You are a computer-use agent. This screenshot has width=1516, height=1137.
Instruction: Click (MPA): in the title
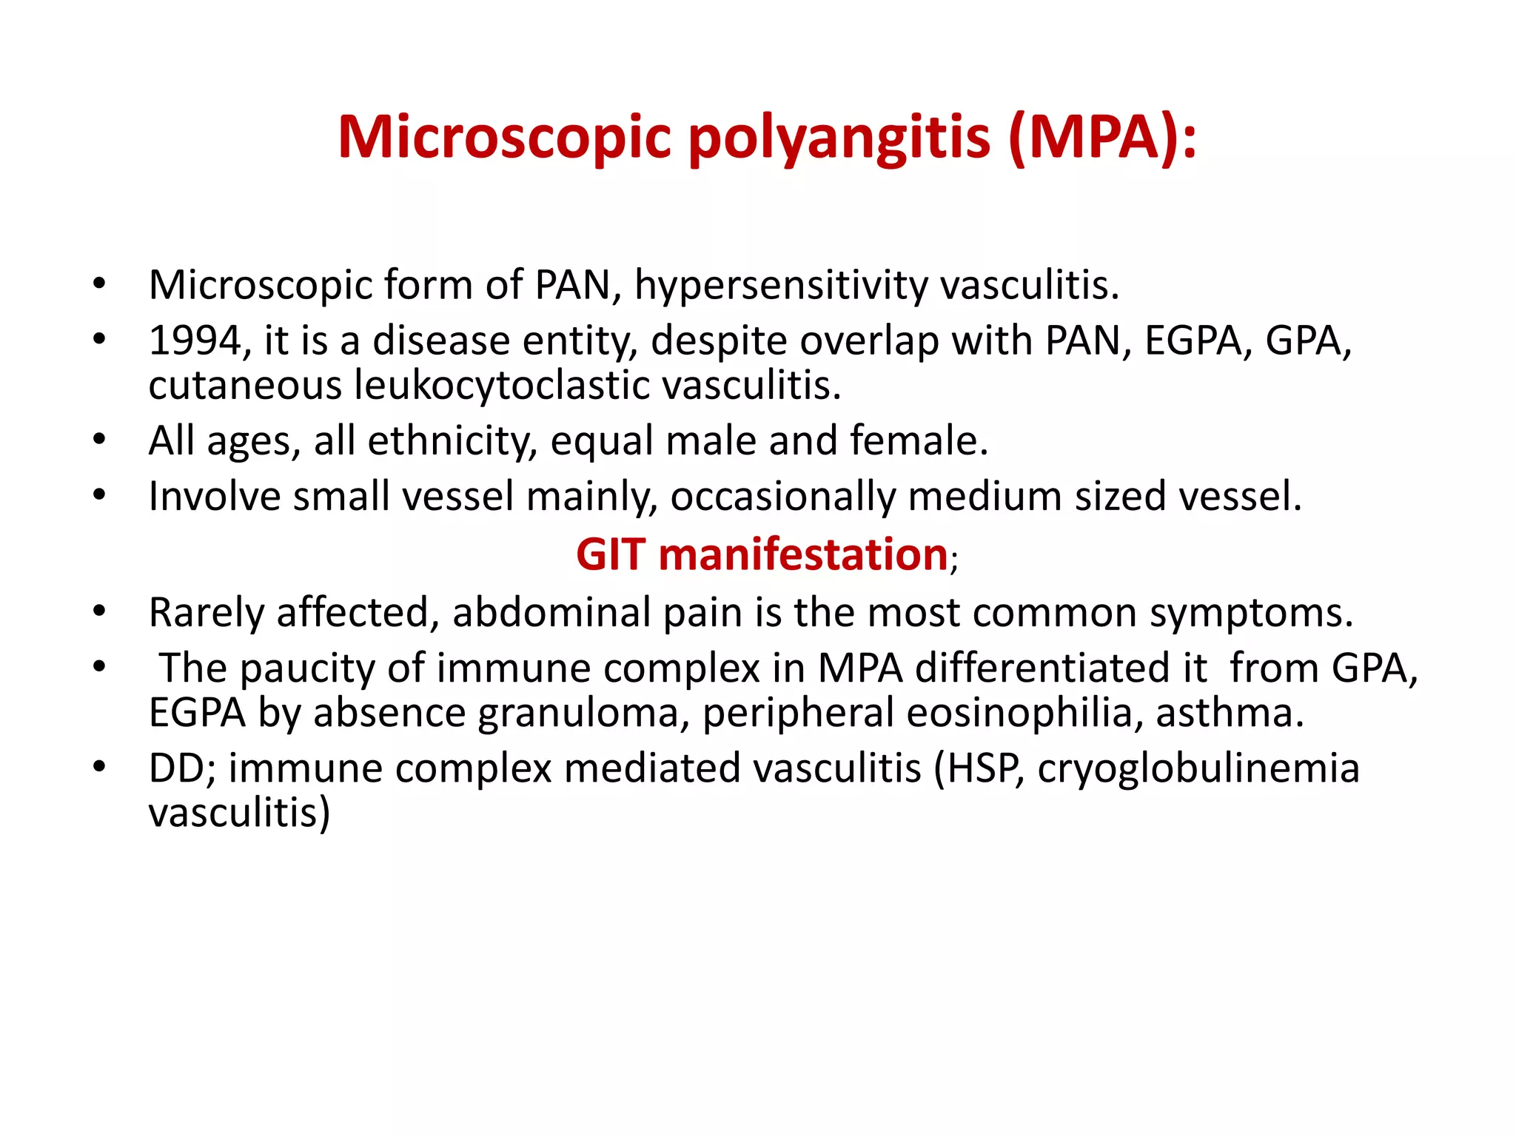(x=1101, y=138)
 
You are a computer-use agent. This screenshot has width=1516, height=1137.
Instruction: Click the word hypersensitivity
(x=781, y=285)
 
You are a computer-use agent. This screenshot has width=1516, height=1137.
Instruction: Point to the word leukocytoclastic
(x=501, y=386)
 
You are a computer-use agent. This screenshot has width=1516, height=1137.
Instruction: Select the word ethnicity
(x=452, y=441)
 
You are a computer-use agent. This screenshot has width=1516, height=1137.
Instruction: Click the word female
(x=918, y=441)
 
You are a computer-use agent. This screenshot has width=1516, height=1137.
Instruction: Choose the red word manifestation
(x=803, y=555)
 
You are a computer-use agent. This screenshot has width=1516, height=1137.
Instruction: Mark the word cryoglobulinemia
(x=1198, y=769)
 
